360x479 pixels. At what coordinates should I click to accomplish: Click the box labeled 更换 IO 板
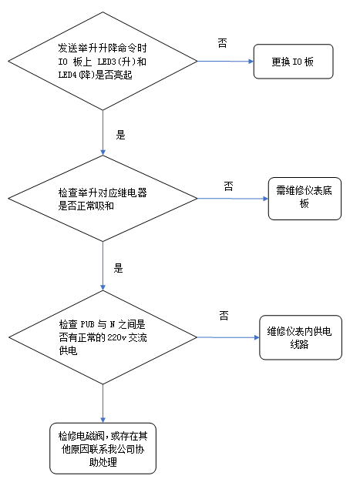click(x=294, y=61)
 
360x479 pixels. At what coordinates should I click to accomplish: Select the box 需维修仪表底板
click(x=303, y=198)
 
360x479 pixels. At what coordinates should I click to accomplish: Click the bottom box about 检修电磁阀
click(x=103, y=446)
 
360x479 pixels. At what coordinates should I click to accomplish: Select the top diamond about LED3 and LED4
click(x=103, y=61)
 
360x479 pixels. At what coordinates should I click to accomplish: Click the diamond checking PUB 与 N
click(x=103, y=338)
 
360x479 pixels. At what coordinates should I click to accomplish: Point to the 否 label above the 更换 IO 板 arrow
click(x=222, y=44)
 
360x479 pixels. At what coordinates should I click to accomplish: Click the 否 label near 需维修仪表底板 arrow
click(x=228, y=186)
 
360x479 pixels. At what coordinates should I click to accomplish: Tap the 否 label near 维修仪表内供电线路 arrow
click(x=224, y=316)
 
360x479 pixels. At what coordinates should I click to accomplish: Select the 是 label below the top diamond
click(x=119, y=134)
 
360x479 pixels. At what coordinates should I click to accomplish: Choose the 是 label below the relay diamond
click(x=118, y=269)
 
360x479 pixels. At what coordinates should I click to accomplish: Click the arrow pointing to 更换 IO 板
click(x=226, y=61)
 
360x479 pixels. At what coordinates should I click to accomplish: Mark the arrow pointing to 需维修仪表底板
click(x=233, y=199)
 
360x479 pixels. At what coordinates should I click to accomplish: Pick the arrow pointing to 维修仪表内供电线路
click(x=228, y=337)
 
